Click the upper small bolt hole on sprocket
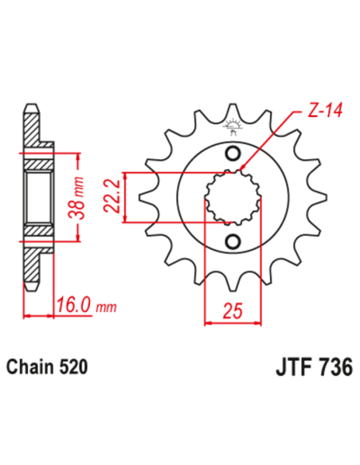click(233, 154)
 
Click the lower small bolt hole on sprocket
click(233, 241)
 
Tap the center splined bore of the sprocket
click(233, 197)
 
